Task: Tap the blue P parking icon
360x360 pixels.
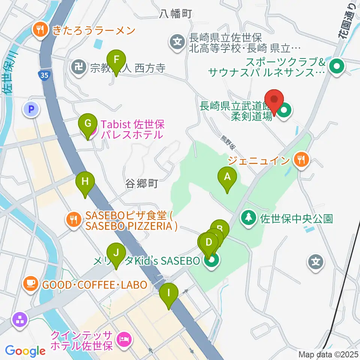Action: pyautogui.click(x=31, y=109)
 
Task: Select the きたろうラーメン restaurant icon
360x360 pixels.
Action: pyautogui.click(x=39, y=30)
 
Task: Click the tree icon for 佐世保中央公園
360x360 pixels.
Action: pyautogui.click(x=248, y=218)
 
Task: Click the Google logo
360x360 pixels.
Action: pyautogui.click(x=25, y=351)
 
